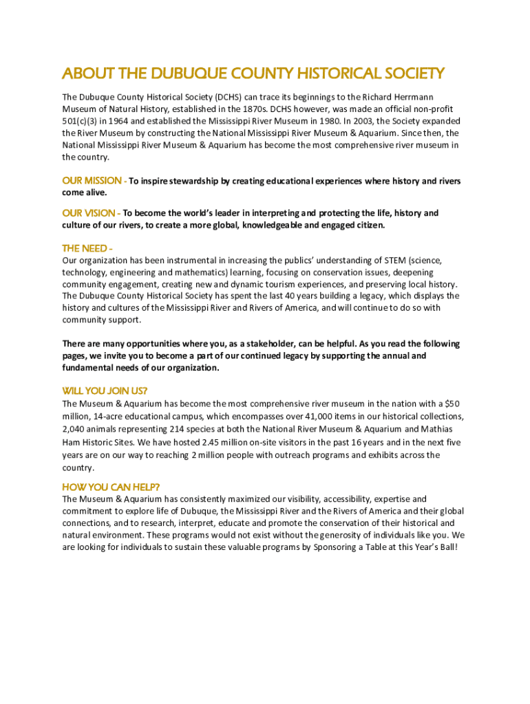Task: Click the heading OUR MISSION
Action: (92, 181)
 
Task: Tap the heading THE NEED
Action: (85, 248)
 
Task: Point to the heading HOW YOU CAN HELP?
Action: (111, 487)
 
